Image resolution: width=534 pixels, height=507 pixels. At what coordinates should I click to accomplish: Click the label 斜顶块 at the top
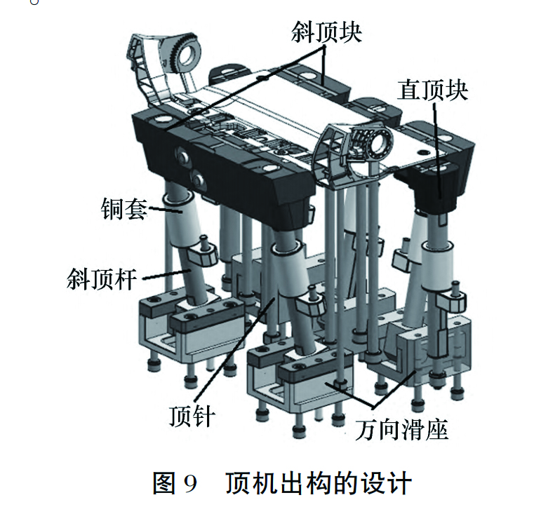coord(326,32)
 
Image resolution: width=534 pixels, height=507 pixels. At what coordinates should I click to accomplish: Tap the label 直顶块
coord(432,90)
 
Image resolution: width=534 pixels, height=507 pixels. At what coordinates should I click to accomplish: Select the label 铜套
coord(124,208)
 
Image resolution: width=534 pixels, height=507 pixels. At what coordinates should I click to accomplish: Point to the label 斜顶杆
coord(102,279)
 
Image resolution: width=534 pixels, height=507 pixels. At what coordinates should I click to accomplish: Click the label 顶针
coord(192,415)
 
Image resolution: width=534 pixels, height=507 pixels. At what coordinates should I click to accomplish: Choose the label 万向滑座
coord(401,429)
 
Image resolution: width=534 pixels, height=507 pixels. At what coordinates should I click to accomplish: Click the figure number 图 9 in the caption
coord(175,483)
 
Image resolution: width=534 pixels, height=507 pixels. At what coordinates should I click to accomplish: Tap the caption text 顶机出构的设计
coord(319,483)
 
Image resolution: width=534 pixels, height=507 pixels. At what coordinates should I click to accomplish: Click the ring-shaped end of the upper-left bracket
coord(187,55)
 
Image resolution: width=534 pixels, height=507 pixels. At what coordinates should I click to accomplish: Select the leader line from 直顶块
coord(438,151)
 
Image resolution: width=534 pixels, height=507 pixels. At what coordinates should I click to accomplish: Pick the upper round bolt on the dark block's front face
coord(182,157)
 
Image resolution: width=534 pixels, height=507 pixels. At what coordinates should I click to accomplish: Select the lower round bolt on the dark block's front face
coord(199,179)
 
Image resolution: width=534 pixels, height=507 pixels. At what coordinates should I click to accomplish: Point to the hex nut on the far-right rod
coord(450,301)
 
